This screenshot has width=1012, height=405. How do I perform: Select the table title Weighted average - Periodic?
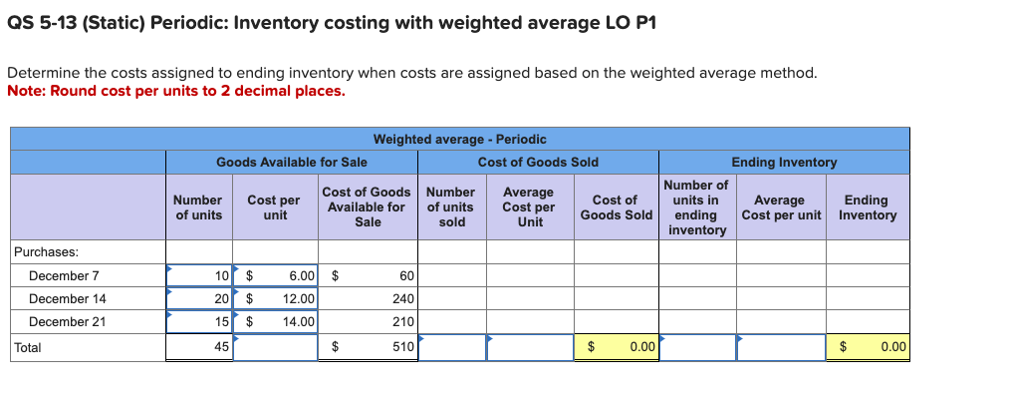pos(459,139)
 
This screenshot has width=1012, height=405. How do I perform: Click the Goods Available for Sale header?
pos(291,162)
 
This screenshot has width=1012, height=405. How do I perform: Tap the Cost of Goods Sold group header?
pos(538,162)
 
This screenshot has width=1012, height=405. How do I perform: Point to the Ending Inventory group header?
pos(784,162)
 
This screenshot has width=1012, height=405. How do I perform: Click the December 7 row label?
pos(64,276)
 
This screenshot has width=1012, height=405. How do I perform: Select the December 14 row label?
pos(67,298)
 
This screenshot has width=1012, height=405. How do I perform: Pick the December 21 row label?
pos(67,321)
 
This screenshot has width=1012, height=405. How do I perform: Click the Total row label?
pos(28,347)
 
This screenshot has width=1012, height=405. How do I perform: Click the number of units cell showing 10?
pos(199,276)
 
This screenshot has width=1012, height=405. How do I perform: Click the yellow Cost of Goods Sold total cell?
pos(616,347)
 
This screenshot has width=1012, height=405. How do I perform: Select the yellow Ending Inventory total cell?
pos(868,347)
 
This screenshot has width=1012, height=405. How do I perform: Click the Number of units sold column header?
pos(451,207)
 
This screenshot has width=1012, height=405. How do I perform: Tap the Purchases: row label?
pos(46,252)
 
